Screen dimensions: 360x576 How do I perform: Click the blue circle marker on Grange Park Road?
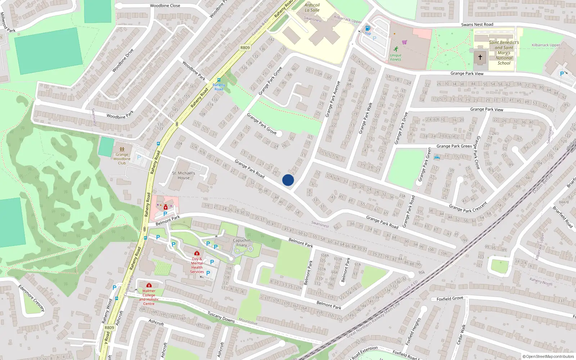pos(288,180)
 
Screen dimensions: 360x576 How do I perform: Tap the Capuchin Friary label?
pos(242,243)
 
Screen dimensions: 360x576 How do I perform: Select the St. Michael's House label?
pos(184,175)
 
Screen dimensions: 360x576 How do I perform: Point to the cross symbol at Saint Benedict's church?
pos(480,57)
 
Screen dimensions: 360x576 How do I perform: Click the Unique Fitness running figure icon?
pos(396,49)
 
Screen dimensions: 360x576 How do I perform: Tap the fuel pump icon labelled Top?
pos(368,28)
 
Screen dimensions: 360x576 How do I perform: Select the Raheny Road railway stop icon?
pos(219,80)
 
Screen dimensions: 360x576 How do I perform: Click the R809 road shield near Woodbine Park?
pos(245,48)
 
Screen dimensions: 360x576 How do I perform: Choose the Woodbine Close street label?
pos(165,6)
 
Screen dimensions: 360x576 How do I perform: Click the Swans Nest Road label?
pos(477,24)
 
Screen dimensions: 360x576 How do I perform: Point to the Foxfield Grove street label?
pos(450,298)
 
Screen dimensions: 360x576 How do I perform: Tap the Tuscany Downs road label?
pos(221,317)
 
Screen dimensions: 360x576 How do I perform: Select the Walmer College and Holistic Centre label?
pos(149,297)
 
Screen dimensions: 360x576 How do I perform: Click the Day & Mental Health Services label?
pos(197,265)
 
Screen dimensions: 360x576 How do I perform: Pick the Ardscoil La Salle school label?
pos(312,8)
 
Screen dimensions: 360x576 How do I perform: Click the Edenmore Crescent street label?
pos(31,298)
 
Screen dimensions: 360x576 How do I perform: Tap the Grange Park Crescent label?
pos(468,207)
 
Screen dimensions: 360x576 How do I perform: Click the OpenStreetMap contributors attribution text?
pos(548,357)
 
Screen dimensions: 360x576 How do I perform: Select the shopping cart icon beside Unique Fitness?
pos(405,42)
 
